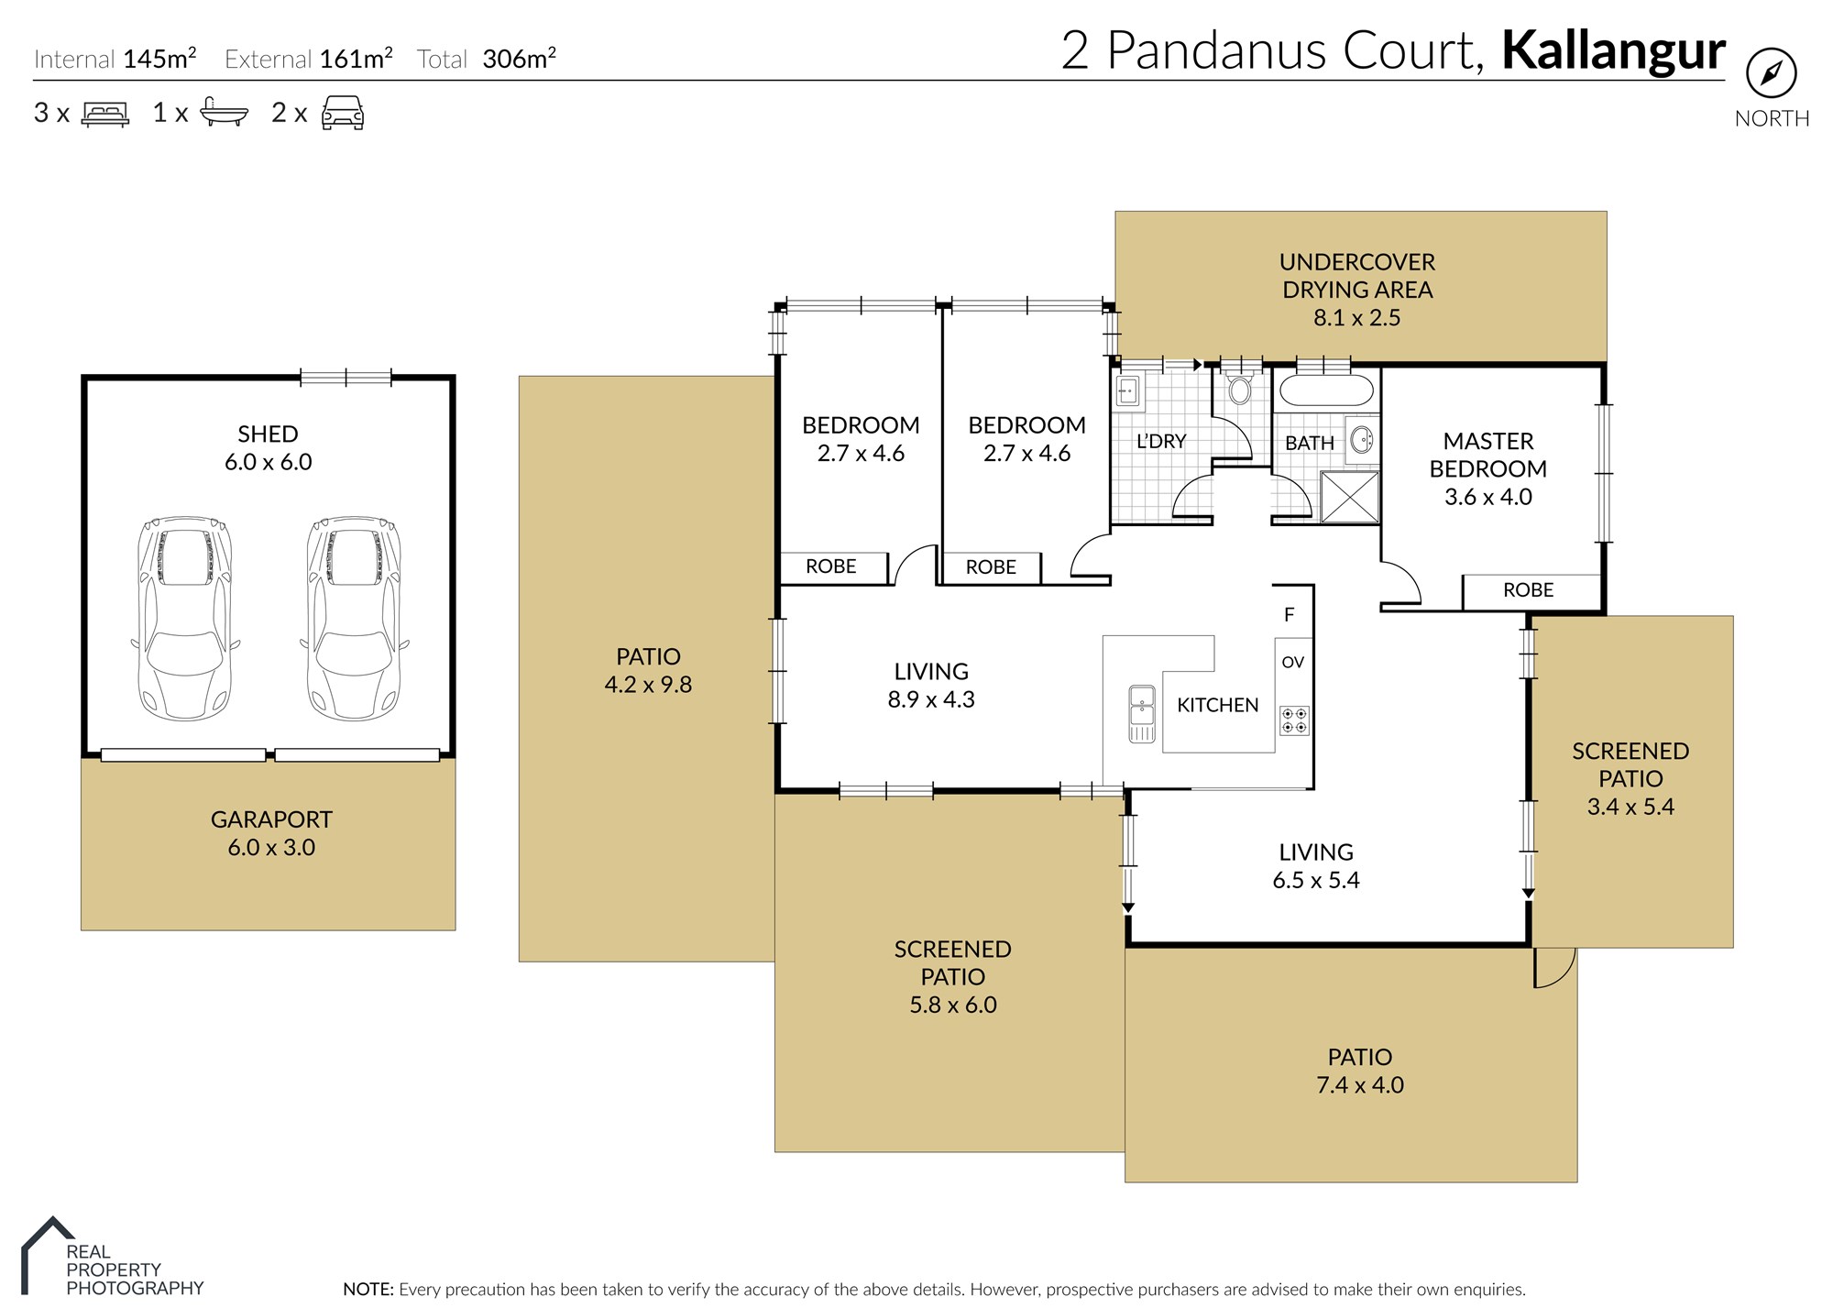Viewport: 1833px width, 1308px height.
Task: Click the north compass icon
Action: point(1771,73)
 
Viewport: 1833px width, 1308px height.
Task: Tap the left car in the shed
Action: point(185,619)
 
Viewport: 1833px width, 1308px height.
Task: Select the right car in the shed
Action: point(354,619)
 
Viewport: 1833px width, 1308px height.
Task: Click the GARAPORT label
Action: point(271,819)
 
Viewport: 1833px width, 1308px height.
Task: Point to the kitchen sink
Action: point(1142,713)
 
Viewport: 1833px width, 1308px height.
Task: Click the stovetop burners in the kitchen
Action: point(1294,720)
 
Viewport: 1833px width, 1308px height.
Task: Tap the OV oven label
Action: point(1292,662)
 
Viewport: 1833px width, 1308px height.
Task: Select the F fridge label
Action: point(1290,614)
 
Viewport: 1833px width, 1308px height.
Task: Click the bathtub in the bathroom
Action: point(1326,390)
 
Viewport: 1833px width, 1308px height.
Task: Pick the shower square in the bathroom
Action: point(1349,498)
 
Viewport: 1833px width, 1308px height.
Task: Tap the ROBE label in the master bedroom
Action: point(1528,590)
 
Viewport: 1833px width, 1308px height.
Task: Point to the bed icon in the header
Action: point(105,114)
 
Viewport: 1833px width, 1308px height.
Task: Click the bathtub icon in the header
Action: point(224,112)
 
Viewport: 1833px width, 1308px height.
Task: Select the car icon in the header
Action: point(343,113)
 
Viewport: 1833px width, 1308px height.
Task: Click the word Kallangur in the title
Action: point(1613,50)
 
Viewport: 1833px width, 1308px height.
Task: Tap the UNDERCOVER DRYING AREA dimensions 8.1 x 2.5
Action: point(1356,317)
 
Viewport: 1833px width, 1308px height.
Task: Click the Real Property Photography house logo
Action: point(47,1254)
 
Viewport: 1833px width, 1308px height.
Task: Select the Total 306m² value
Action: point(519,59)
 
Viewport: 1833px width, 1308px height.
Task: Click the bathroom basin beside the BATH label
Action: point(1362,440)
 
